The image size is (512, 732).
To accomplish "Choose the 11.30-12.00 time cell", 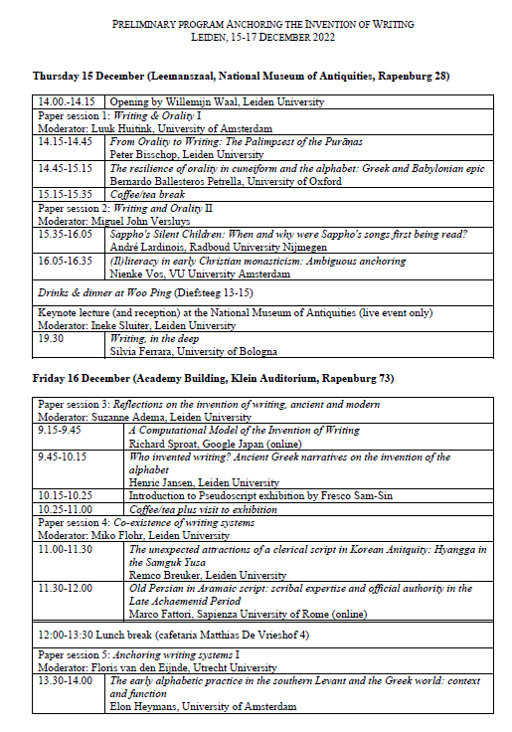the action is [x=65, y=587].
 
